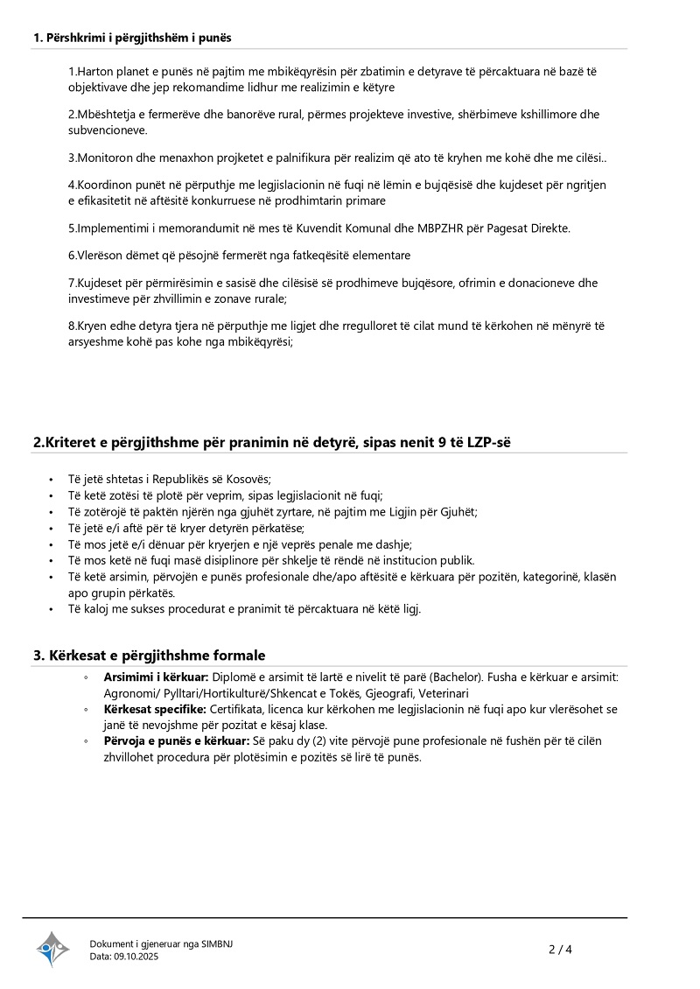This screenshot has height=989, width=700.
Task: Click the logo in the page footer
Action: coord(52,949)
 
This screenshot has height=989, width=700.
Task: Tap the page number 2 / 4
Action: coord(560,949)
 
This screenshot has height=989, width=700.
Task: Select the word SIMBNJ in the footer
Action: coord(217,943)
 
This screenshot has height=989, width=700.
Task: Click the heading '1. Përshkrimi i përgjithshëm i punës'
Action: coord(132,38)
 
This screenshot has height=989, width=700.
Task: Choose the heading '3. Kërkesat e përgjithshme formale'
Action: coord(149,656)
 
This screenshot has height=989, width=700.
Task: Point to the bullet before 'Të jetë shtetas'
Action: coord(52,479)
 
